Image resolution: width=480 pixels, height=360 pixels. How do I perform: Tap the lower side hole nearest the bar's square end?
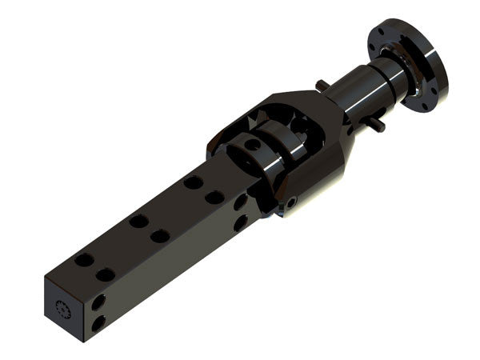98,323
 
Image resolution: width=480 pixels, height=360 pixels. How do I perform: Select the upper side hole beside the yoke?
240,203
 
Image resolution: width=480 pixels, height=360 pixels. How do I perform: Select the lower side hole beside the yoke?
240,223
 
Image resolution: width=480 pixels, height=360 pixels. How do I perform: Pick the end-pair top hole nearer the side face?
106,274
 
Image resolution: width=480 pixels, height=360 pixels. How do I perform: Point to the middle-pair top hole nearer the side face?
160,236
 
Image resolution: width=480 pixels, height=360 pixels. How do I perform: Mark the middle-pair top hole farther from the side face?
138,221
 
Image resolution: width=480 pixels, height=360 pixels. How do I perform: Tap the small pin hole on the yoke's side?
293,203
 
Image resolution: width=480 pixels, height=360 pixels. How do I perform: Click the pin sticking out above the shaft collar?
322,85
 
